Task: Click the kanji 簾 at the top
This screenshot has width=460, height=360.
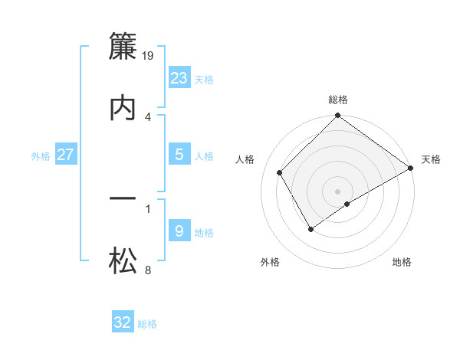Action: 123,48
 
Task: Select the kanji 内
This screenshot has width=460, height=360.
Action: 123,108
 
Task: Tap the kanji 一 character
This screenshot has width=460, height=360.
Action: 123,201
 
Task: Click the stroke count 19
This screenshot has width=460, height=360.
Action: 149,55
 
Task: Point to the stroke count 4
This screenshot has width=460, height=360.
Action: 147,116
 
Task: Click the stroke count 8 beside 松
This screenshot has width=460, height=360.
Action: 147,270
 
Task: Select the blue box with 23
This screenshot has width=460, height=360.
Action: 179,78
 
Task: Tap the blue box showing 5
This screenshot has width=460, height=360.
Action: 179,155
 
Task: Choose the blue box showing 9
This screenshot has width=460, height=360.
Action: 179,231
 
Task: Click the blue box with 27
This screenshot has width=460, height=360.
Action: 66,155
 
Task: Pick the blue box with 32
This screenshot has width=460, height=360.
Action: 123,322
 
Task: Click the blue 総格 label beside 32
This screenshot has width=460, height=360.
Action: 147,324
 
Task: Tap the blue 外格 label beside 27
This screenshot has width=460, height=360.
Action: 41,155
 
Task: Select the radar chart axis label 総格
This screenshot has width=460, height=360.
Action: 338,100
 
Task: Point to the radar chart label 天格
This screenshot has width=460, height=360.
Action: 431,159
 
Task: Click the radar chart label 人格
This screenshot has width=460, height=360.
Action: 245,159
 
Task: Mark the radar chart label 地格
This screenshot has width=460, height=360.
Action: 402,262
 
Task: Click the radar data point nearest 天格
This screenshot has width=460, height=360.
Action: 411,168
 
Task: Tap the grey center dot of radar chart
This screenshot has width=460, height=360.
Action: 338,191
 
